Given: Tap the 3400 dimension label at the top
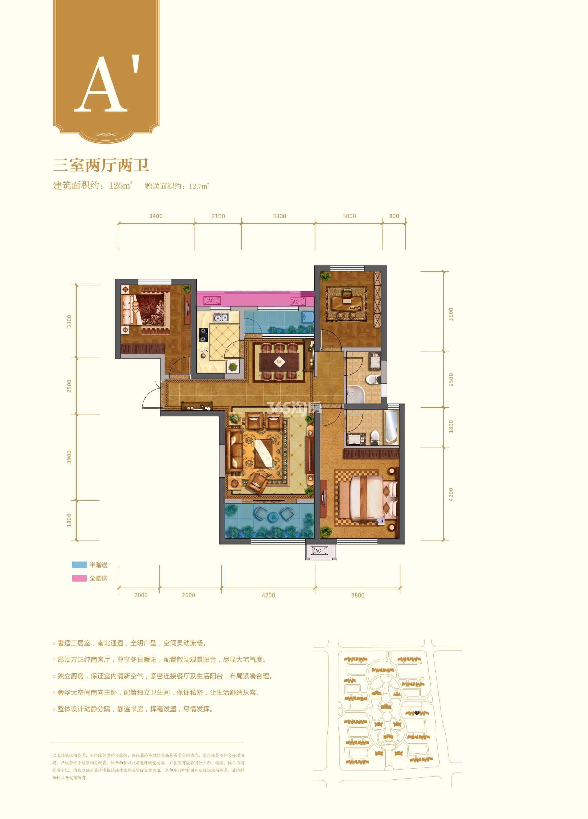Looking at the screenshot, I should (156, 216).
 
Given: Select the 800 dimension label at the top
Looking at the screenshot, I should (394, 216).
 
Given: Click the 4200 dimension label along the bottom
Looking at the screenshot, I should (268, 595).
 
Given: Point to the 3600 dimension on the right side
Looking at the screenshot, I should (450, 314).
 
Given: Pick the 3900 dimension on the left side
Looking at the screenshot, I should (69, 457).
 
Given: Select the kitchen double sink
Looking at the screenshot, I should (220, 318).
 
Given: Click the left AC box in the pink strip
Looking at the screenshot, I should (211, 300).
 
